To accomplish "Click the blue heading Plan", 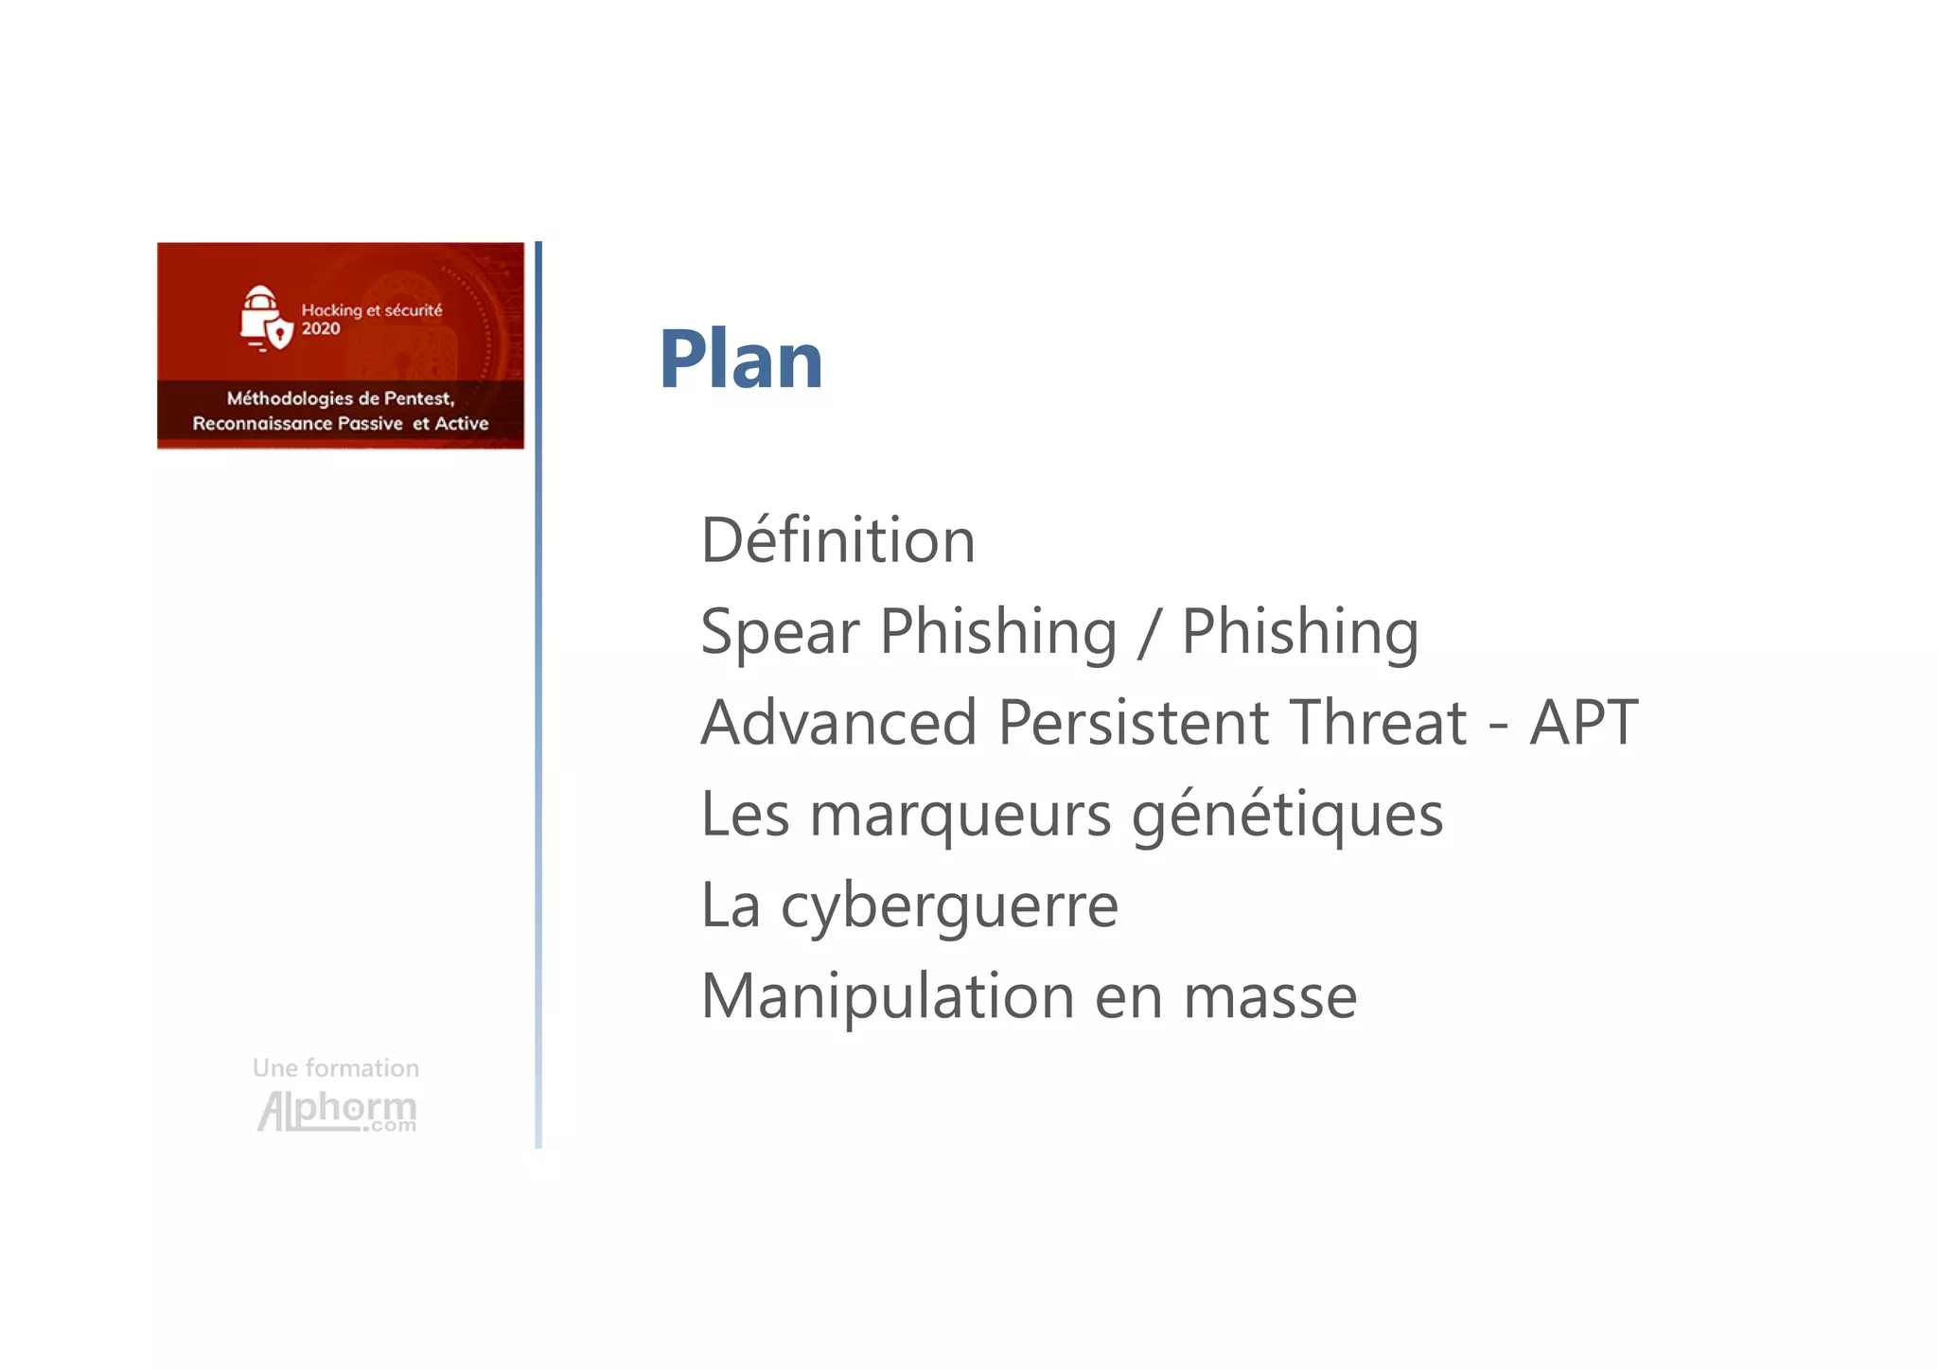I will (x=741, y=360).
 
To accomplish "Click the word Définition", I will (x=837, y=540).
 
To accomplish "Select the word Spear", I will (x=780, y=632).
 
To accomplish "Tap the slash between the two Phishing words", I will (x=1149, y=632).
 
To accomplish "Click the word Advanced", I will (x=838, y=723).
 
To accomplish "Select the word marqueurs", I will (x=960, y=815).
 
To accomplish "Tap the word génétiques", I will (x=1287, y=815).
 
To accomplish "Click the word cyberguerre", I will (x=949, y=906).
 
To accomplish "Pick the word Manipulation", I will (x=887, y=996).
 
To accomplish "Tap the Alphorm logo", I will (x=337, y=1111).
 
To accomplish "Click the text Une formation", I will (x=336, y=1068).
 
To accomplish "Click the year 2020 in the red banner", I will (x=321, y=329).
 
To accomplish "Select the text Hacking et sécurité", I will (x=371, y=309).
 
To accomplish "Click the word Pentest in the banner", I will (x=418, y=398).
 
